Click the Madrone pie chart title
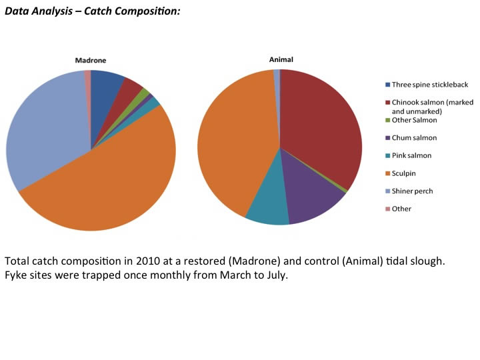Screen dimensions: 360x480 [x=90, y=61]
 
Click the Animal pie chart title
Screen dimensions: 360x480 [x=280, y=59]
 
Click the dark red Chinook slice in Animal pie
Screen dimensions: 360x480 [x=320, y=127]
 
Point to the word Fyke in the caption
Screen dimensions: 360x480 [x=16, y=275]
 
